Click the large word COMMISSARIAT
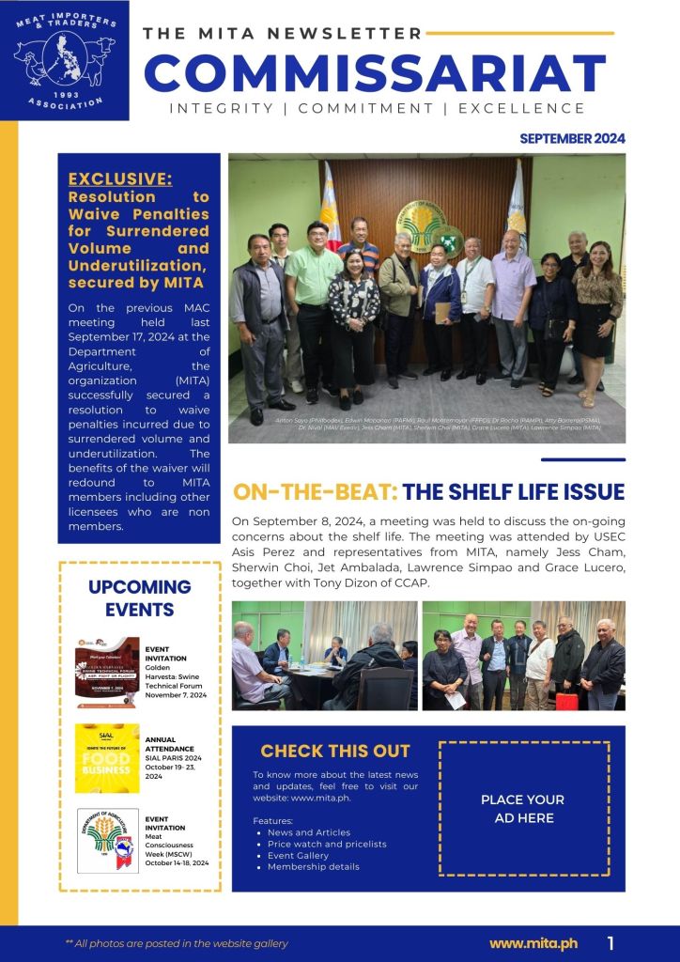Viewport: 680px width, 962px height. point(375,72)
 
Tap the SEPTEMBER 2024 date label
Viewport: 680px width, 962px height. point(572,138)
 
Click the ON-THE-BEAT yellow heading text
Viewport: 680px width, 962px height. point(316,492)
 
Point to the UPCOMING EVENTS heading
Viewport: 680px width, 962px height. point(139,598)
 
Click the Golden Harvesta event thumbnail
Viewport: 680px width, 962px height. point(107,672)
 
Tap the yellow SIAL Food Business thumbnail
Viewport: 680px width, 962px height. point(107,757)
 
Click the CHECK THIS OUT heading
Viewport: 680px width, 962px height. point(335,751)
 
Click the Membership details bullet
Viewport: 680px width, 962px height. point(314,866)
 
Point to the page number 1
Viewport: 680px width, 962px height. point(611,942)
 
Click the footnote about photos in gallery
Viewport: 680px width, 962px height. point(177,943)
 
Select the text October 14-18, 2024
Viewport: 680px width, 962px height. point(177,862)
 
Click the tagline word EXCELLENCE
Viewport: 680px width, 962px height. point(522,109)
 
